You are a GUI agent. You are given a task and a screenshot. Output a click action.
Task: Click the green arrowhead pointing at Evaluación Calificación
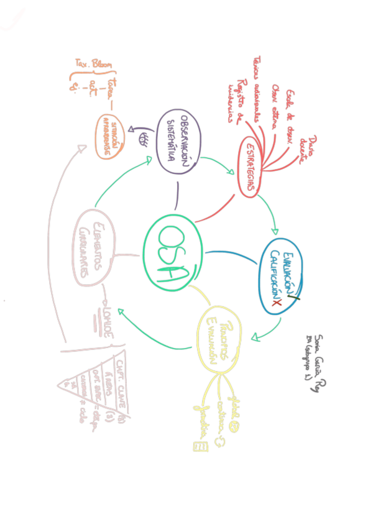pyautogui.click(x=276, y=229)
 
